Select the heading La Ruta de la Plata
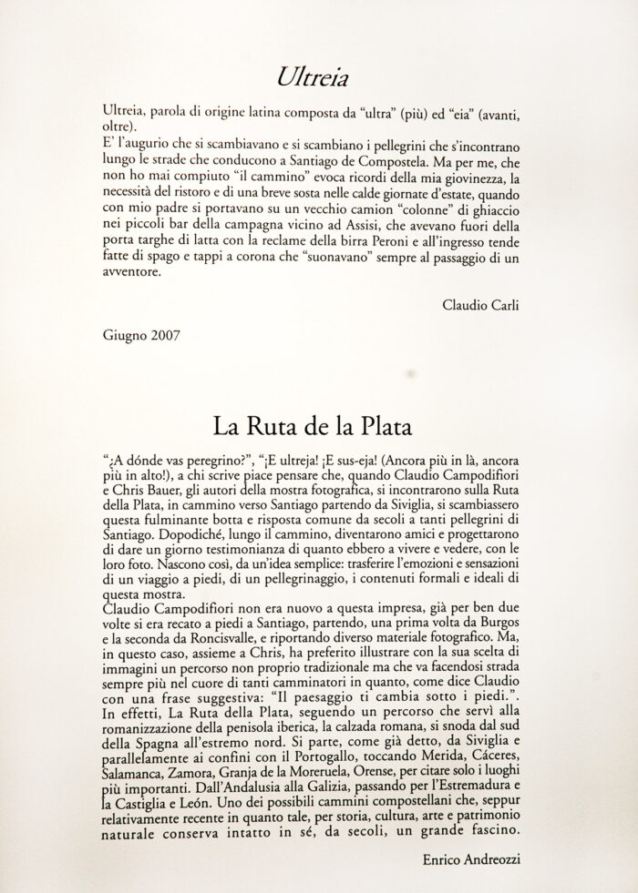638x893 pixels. pos(319,425)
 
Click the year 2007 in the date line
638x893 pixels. pos(166,334)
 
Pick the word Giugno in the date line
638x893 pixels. pos(125,334)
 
